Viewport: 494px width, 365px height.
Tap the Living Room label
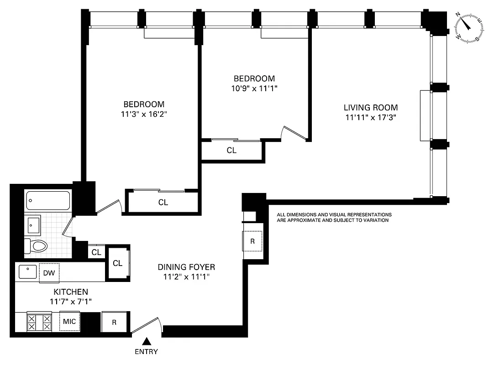click(x=370, y=108)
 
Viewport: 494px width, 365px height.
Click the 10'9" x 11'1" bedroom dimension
click(x=254, y=88)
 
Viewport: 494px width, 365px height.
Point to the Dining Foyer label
click(x=186, y=267)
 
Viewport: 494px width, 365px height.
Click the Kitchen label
click(x=70, y=292)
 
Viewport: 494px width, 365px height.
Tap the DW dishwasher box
click(x=49, y=273)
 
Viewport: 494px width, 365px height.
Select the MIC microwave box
click(x=69, y=321)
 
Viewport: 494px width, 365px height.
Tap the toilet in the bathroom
click(x=37, y=246)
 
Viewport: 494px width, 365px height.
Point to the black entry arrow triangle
click(x=147, y=341)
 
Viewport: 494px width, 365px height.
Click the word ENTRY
click(x=147, y=351)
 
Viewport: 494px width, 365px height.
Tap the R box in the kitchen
click(x=115, y=322)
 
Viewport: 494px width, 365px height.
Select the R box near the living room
click(x=252, y=241)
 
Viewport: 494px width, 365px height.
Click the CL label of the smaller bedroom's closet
click(x=231, y=150)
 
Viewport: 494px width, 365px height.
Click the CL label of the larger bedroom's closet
click(x=163, y=202)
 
